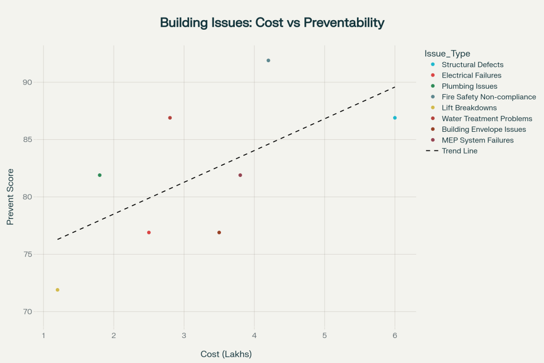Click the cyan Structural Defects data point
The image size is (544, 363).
point(395,117)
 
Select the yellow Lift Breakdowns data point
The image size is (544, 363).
point(57,290)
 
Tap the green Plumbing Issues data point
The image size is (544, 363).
point(99,175)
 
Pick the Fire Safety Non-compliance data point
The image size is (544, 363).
point(268,61)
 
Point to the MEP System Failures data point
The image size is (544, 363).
point(240,175)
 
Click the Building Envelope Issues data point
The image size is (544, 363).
point(219,232)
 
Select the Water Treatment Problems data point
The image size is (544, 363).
point(170,117)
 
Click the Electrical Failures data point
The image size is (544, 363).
point(149,232)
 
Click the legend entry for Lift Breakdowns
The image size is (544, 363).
point(469,108)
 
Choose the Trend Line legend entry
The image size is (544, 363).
point(459,151)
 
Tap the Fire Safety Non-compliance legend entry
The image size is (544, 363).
point(488,97)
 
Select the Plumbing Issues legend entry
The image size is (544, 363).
point(469,86)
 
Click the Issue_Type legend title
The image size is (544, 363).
point(447,54)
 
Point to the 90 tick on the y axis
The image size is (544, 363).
point(28,82)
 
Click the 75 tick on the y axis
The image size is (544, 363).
point(28,254)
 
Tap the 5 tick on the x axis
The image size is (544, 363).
point(325,335)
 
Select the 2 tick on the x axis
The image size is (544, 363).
point(114,335)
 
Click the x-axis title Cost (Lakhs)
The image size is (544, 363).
point(226,354)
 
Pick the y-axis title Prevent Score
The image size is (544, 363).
point(10,197)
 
